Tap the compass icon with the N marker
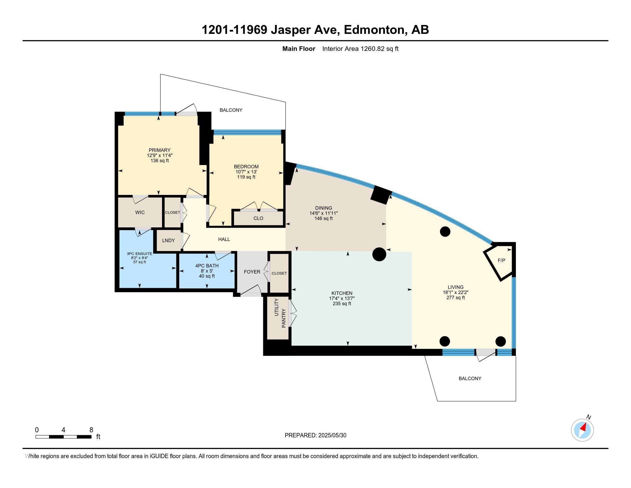[x=582, y=430]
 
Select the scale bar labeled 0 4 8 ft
[x=64, y=437]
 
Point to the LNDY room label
[x=168, y=240]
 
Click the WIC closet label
[x=140, y=212]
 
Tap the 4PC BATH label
[x=207, y=266]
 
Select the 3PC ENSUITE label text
[x=139, y=253]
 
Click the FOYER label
[x=252, y=272]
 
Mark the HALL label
[x=224, y=239]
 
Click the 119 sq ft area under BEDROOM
[x=246, y=177]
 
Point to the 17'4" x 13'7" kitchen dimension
[x=342, y=298]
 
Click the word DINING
[x=324, y=208]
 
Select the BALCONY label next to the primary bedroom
[x=231, y=110]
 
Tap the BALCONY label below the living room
[x=470, y=378]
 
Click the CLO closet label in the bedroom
[x=258, y=218]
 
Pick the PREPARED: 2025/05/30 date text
[x=315, y=435]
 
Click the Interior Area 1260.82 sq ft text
[x=360, y=49]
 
